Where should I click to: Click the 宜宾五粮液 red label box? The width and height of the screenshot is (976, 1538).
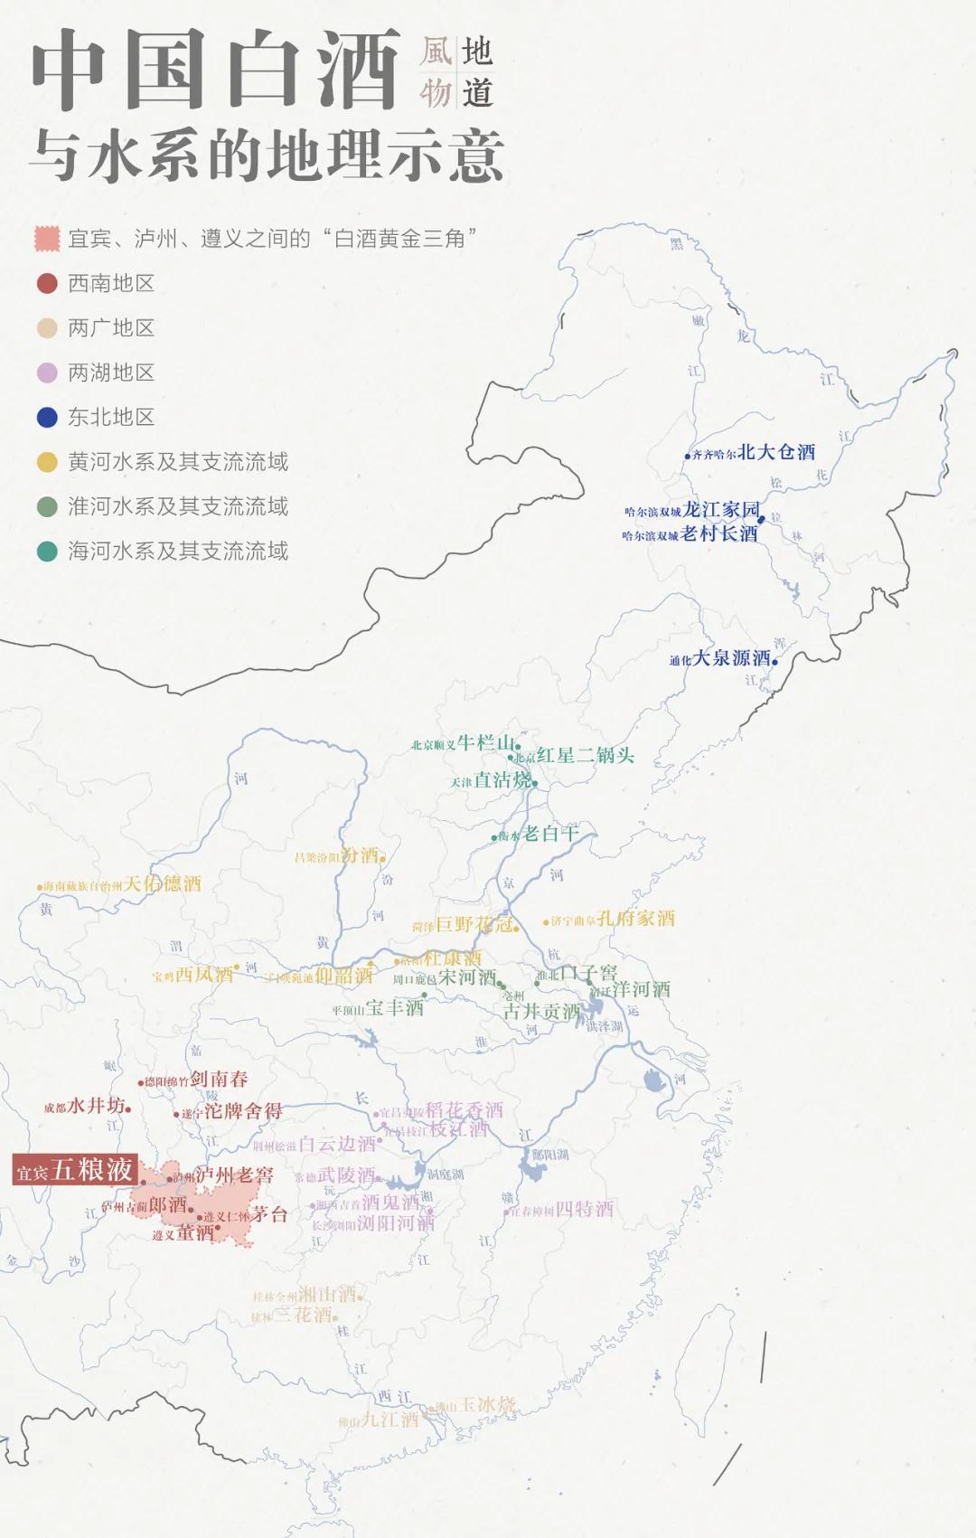click(75, 1170)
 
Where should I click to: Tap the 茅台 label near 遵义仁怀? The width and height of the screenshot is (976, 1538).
click(269, 1214)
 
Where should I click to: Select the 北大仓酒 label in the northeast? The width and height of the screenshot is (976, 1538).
click(776, 452)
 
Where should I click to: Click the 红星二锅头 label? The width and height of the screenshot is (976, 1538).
click(585, 755)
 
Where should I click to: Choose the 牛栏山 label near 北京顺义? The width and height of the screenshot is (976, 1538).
click(485, 742)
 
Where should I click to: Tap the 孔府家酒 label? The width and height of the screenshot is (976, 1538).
click(635, 919)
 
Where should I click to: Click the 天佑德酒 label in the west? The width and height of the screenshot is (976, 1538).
click(163, 883)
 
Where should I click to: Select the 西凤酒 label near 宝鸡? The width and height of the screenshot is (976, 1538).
click(203, 975)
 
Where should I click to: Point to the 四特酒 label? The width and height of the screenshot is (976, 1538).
click(584, 1209)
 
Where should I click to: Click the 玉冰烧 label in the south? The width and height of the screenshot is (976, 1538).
click(487, 1404)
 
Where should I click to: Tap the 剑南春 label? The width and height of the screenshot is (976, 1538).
click(219, 1079)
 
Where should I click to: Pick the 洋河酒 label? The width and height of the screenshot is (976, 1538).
click(641, 989)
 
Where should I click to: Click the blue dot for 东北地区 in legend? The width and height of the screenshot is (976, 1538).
click(47, 417)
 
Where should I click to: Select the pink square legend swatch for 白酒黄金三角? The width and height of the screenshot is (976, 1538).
click(47, 239)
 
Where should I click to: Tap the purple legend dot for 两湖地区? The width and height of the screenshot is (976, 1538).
click(47, 373)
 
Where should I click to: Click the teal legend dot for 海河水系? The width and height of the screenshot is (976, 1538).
click(47, 551)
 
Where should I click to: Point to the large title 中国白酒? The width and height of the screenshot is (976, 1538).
click(217, 70)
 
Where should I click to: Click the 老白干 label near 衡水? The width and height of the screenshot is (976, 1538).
click(549, 833)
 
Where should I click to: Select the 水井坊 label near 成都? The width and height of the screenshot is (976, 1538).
click(97, 1105)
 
